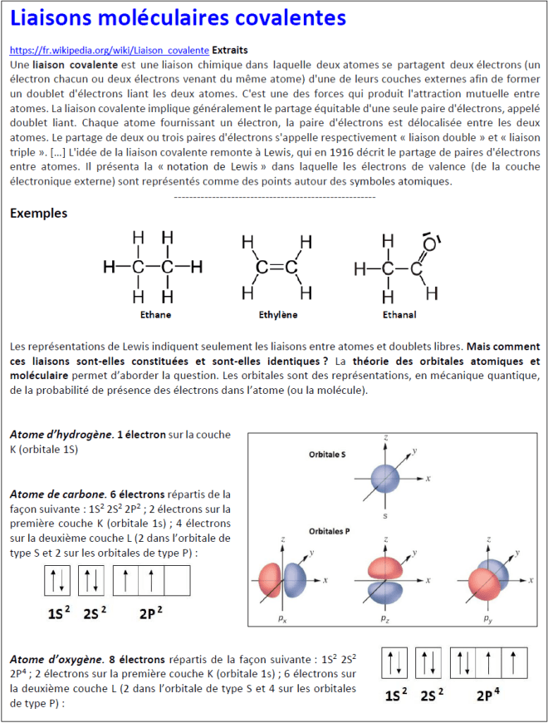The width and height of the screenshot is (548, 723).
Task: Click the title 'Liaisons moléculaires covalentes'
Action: pos(178,18)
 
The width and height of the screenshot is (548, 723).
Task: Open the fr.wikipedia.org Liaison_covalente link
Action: pos(109,51)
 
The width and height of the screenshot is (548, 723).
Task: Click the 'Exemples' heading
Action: pos(39,213)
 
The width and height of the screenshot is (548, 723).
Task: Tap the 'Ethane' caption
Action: pos(155,315)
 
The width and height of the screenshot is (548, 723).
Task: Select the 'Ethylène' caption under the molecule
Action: pos(277,315)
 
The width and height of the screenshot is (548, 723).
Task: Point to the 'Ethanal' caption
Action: pos(399,315)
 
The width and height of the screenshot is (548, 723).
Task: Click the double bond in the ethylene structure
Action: pos(276,268)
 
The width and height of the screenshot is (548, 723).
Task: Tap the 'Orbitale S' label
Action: pos(328,455)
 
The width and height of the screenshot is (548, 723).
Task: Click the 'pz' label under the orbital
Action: pos(384,619)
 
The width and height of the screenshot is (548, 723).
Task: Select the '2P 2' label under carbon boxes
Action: pos(150,614)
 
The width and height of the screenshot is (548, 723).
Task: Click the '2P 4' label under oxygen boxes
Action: pos(488,696)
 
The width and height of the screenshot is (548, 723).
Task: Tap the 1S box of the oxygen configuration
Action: pos(394,662)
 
